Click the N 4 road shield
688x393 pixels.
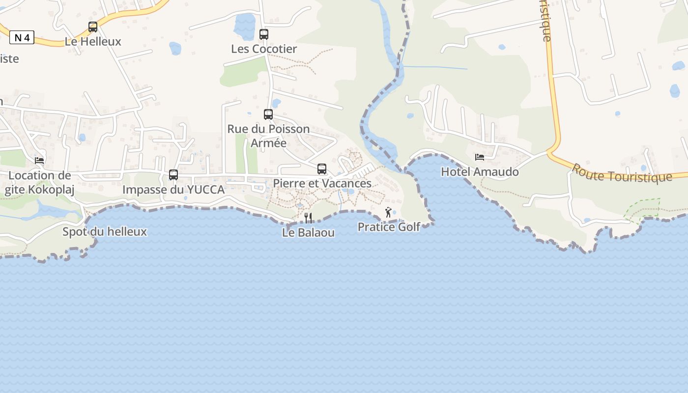22,37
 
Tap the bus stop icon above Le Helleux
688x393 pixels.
93,27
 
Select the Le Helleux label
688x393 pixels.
93,42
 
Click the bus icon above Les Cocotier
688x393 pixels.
264,34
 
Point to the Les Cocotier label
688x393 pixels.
264,49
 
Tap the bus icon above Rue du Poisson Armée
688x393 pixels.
268,114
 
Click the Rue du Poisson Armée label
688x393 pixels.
268,136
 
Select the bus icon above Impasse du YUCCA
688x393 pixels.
173,175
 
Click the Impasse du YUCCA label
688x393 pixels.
173,190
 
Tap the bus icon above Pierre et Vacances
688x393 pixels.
322,169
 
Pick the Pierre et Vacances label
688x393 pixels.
322,184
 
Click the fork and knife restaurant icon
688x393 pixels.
308,218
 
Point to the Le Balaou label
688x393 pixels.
308,232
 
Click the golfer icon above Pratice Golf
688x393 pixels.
388,212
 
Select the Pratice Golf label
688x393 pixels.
388,227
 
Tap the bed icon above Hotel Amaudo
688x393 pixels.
480,157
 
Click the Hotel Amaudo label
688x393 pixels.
480,172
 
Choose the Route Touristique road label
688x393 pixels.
621,173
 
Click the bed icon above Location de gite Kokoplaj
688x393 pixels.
39,160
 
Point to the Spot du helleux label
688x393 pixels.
105,231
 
